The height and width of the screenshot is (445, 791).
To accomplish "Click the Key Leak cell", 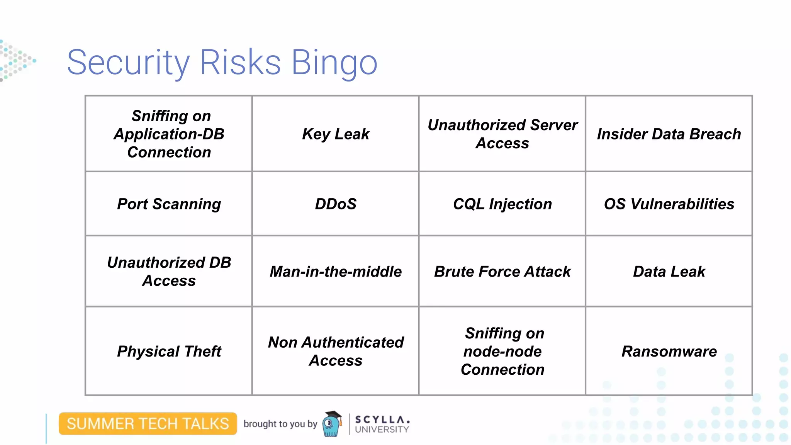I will [x=335, y=134].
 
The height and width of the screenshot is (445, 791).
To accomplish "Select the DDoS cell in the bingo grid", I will [x=335, y=204].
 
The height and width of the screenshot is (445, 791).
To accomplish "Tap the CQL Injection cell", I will [x=502, y=204].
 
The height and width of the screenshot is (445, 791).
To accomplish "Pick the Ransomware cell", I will [x=669, y=352].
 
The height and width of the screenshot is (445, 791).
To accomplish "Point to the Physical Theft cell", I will [x=169, y=352].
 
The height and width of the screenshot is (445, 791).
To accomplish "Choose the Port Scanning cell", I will [x=169, y=204].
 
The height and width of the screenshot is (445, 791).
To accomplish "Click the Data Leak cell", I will [x=669, y=272].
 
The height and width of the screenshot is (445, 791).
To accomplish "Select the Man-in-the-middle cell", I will [x=335, y=272].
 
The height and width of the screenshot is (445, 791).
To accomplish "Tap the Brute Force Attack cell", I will [x=502, y=272].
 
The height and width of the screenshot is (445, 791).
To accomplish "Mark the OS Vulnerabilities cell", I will [x=669, y=204].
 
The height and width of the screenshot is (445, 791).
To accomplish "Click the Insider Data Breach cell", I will [x=669, y=134].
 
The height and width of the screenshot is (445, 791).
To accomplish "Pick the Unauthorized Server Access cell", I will [x=502, y=134].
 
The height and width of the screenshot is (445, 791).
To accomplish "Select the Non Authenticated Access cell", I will [x=335, y=352].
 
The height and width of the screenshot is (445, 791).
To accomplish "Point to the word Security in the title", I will [x=128, y=63].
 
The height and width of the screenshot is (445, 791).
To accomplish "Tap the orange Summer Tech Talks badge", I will [x=148, y=424].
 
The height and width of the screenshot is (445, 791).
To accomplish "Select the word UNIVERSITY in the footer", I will [x=382, y=429].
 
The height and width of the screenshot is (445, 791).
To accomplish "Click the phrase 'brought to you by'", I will [x=280, y=424].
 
